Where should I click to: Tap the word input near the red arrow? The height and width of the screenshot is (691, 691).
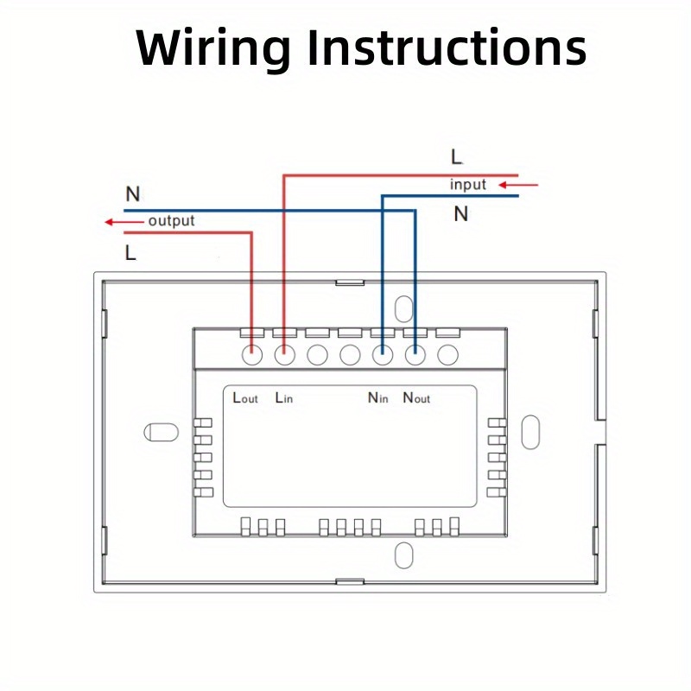(x=468, y=185)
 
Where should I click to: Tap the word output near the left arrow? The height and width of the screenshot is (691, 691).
(x=171, y=221)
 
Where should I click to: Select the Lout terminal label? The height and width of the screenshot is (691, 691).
(x=245, y=398)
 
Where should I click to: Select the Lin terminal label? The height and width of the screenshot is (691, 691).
(x=284, y=398)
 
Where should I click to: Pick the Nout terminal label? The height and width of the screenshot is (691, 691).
(x=416, y=398)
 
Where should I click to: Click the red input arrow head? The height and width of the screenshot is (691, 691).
(x=508, y=184)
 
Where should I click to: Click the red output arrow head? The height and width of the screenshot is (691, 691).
(x=110, y=222)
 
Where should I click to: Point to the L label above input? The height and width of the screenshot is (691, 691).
(x=457, y=157)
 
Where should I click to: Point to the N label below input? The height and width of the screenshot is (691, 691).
(x=461, y=213)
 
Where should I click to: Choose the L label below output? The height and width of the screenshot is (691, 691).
(x=130, y=254)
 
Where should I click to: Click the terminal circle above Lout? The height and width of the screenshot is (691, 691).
(x=252, y=353)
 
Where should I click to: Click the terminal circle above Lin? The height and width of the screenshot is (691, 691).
(x=284, y=353)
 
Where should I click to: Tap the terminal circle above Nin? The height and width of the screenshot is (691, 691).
(x=382, y=353)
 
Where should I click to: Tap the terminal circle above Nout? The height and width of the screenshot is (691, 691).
(x=415, y=353)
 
